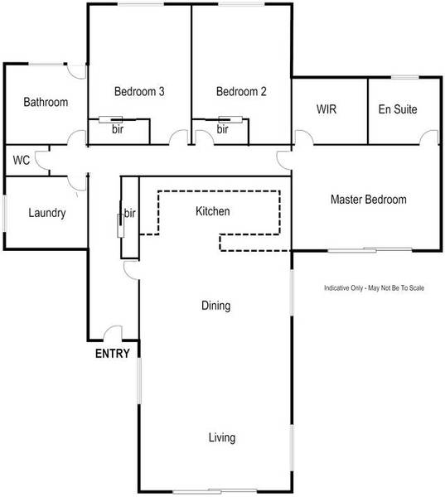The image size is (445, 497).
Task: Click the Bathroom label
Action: pos(46,103)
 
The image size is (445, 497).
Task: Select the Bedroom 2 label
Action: pos(241,92)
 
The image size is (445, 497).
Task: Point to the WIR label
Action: pos(326,109)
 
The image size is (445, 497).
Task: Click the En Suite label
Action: pos(397,109)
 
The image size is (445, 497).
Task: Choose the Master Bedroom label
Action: pos(369,200)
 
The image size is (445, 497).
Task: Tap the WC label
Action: pos(22,160)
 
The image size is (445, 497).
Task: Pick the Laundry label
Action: pos(46,213)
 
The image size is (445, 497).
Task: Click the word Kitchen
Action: pos(212,212)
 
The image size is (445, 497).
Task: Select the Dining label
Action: pos(215,306)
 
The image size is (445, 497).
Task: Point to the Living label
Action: pos(222,437)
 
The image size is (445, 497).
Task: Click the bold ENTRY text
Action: pos(113,354)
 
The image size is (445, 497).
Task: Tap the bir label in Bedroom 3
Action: pos(119,130)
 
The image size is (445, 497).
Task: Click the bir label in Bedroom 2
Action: pos(223,130)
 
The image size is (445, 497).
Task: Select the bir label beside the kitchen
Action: pos(129,215)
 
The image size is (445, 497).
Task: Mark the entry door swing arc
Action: pos(114,333)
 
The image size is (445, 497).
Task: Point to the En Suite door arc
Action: pos(428,137)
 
